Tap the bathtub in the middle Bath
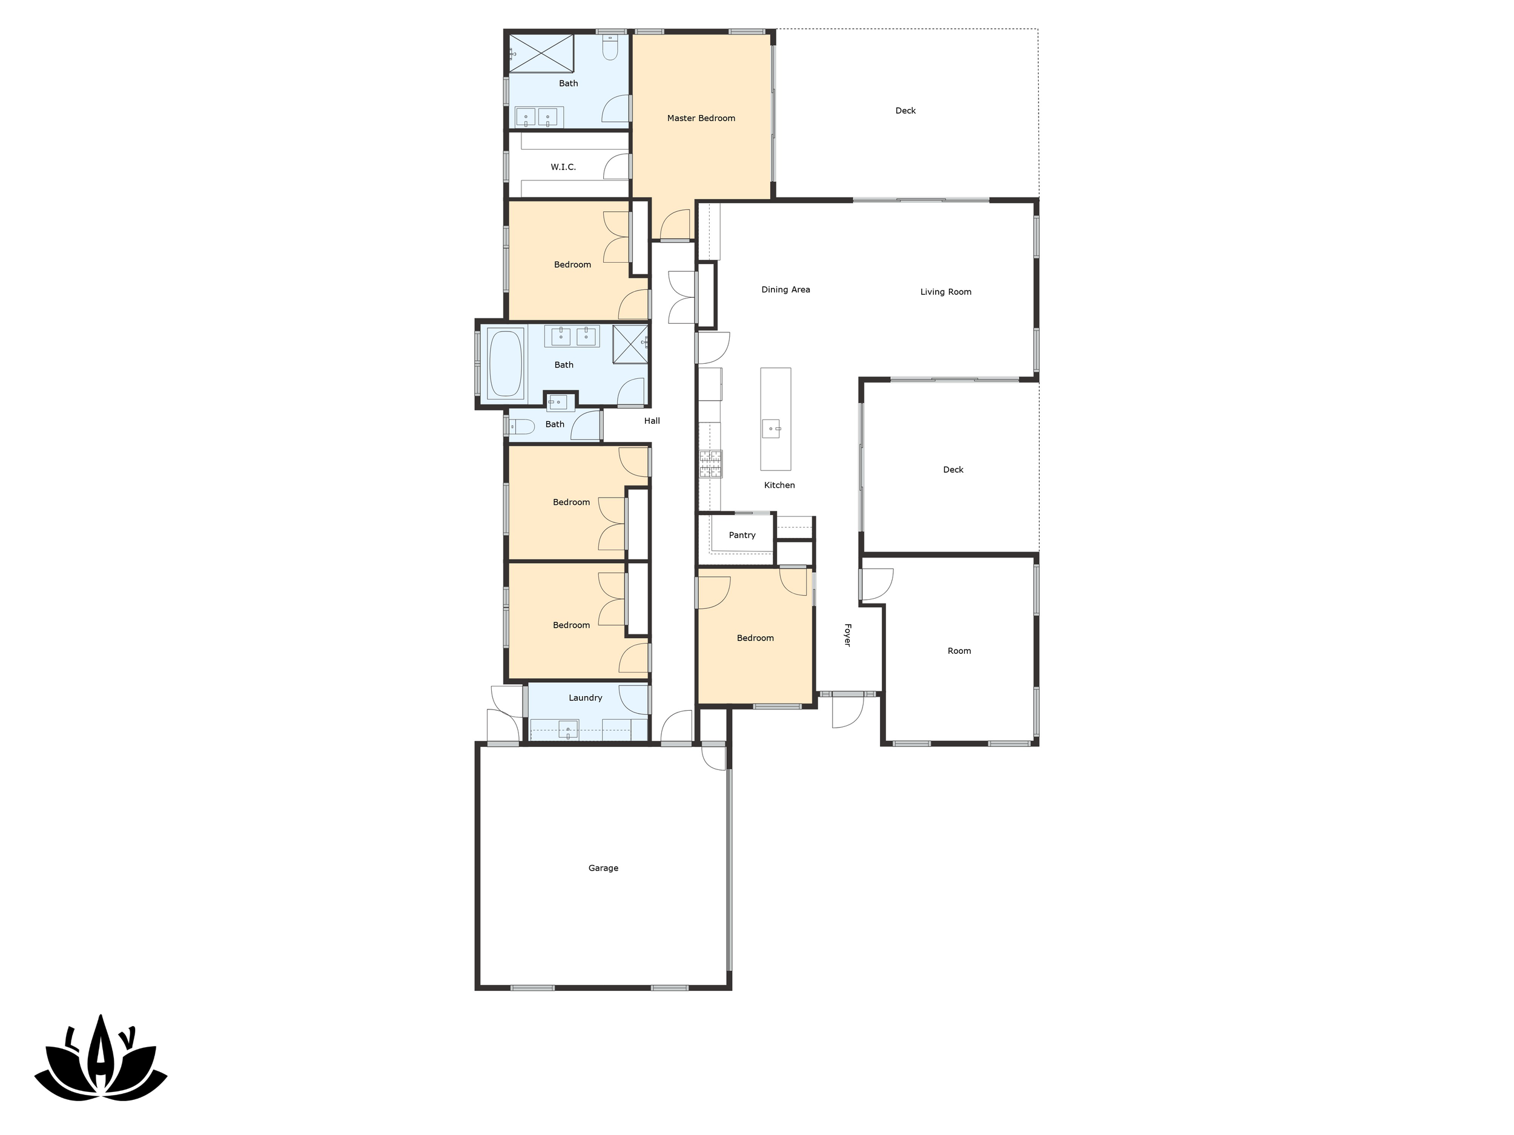click(506, 364)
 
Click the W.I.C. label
click(563, 167)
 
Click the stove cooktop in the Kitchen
click(710, 463)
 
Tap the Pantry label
click(742, 535)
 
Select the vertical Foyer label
click(847, 635)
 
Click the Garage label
click(603, 868)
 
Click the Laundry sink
click(568, 730)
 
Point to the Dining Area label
click(785, 290)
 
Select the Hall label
click(652, 421)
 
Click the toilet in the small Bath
click(521, 427)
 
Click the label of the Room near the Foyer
click(959, 651)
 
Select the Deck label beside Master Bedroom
click(905, 111)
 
